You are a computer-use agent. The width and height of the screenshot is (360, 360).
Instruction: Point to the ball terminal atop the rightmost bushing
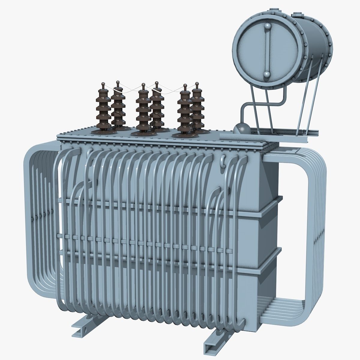[197, 83]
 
